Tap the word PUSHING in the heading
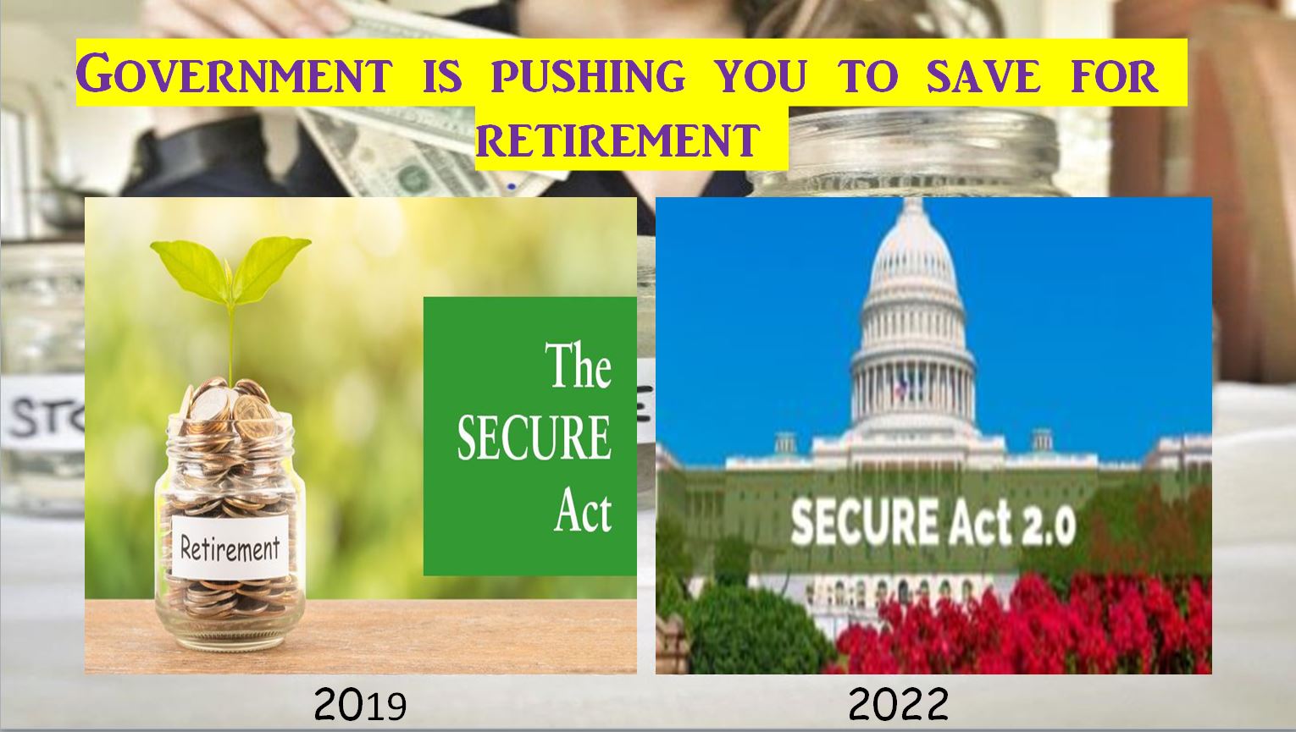pos(588,76)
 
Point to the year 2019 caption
pos(360,705)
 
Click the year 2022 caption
pos(899,704)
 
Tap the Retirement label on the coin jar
pos(230,547)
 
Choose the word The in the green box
pos(578,365)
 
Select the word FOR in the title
pos(1113,76)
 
